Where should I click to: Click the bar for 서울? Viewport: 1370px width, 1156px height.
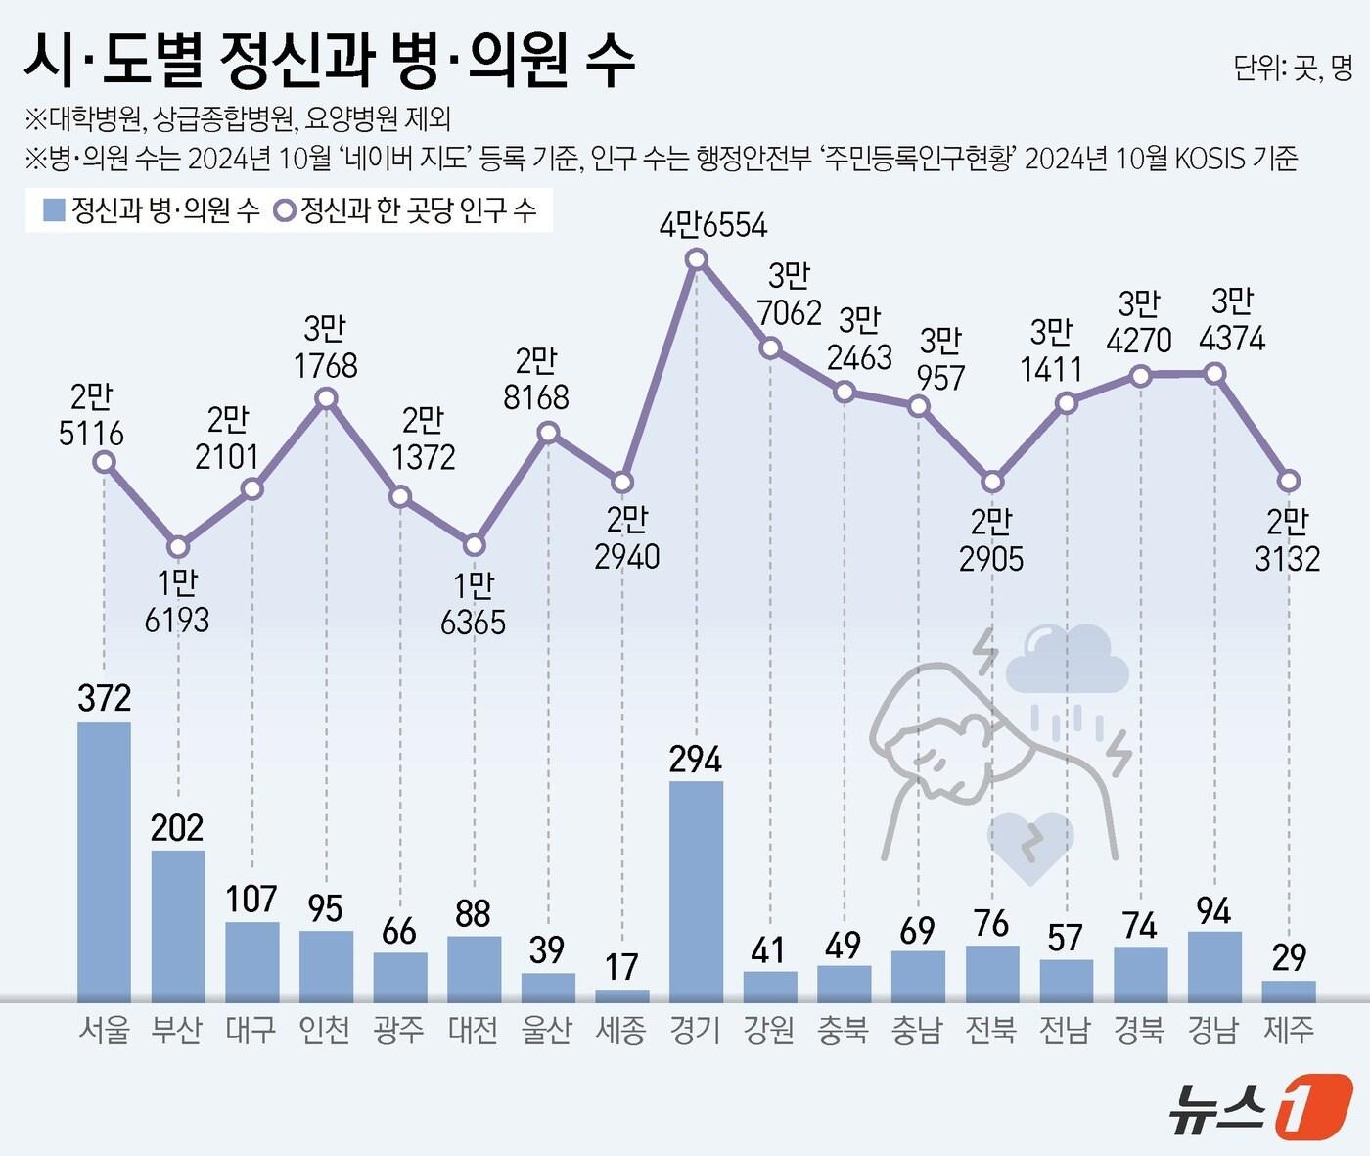104,861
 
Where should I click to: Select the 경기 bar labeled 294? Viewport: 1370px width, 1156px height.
696,891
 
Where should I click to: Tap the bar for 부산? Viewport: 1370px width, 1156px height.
178,925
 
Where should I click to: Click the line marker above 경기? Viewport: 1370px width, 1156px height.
697,259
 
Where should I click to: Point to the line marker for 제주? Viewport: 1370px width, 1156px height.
1289,481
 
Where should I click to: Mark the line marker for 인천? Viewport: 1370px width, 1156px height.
327,398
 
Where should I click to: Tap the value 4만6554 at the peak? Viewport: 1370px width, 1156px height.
713,226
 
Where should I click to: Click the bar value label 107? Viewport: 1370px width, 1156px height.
251,899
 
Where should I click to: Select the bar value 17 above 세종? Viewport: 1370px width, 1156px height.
621,967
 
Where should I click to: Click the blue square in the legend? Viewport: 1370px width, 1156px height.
55,210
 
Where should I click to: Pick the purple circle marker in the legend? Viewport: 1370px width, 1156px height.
285,211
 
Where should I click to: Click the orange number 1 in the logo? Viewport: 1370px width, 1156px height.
1313,1106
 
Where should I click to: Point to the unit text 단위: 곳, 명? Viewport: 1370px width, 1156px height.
1293,67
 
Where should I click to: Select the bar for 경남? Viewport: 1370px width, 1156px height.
1214,967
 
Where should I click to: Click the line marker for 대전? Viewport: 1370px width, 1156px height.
475,545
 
